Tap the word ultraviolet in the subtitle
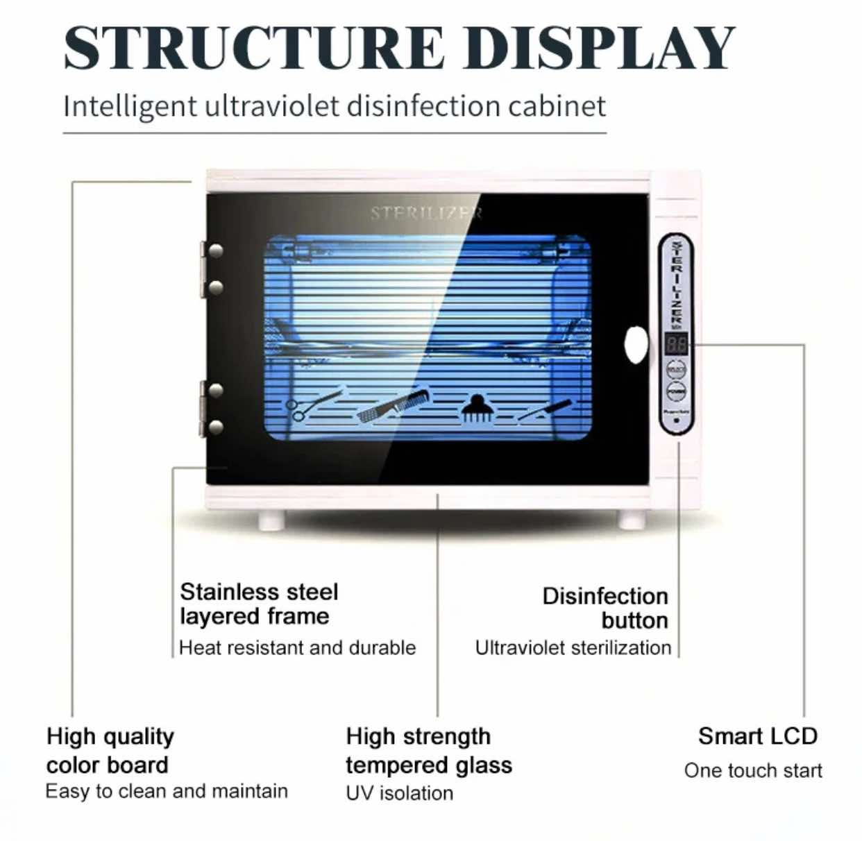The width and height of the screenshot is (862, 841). tap(271, 106)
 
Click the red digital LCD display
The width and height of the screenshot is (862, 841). tap(676, 343)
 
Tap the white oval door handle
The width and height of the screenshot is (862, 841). tap(636, 345)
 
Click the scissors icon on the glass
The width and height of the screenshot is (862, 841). tap(312, 405)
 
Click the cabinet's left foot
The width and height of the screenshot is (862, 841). tap(271, 519)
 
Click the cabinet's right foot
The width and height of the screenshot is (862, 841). tap(632, 519)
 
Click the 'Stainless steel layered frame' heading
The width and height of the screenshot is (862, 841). tap(258, 604)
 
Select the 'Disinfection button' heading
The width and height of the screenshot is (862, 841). tap(605, 608)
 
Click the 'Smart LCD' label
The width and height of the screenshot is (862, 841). tap(757, 736)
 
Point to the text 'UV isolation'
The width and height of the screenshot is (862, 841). tap(399, 792)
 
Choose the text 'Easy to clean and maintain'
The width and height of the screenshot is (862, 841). tap(167, 791)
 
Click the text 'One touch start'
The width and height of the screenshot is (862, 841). tap(753, 770)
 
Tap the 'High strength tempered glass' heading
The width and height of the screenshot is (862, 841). tap(428, 750)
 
